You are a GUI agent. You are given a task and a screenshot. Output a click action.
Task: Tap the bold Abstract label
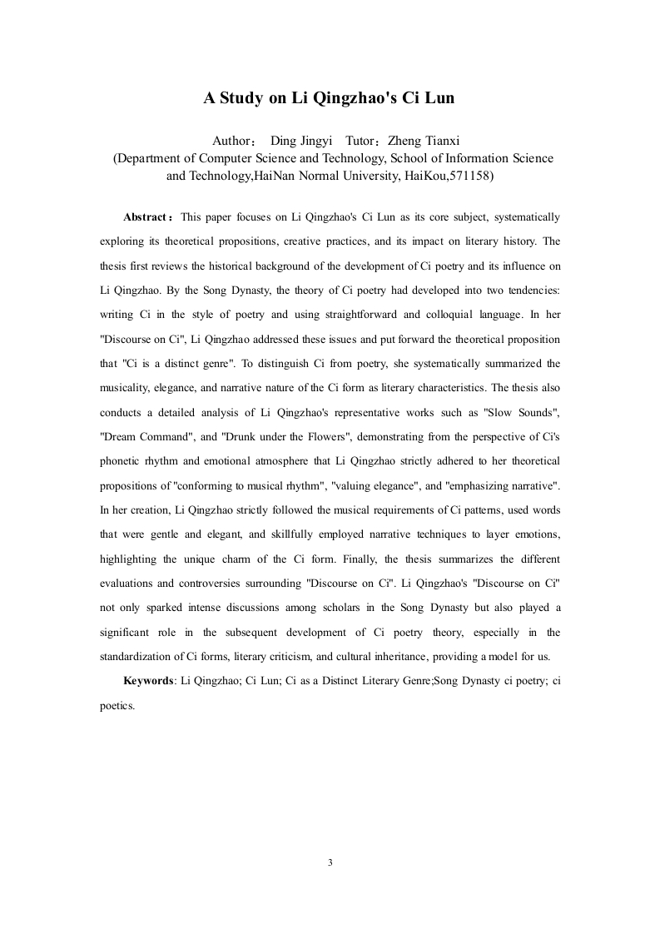(x=146, y=218)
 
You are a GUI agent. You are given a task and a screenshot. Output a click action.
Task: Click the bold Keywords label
(x=149, y=680)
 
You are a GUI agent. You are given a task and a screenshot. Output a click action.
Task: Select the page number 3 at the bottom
(x=330, y=862)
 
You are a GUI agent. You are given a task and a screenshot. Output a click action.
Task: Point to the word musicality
(x=126, y=387)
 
